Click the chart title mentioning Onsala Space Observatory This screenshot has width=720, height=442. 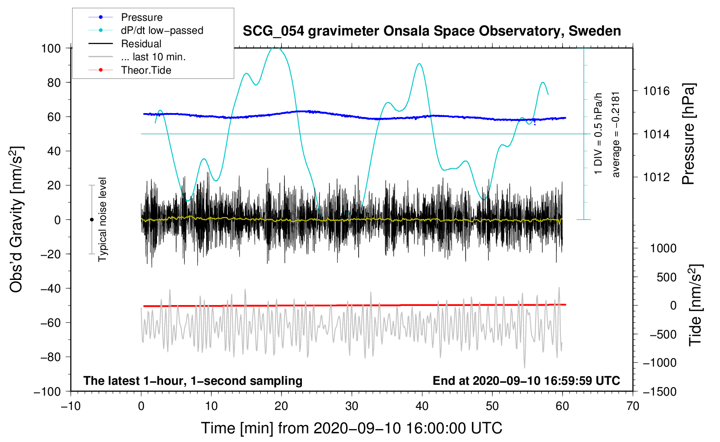(432, 31)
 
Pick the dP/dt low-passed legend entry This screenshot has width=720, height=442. (162, 30)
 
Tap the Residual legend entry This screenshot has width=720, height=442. (141, 44)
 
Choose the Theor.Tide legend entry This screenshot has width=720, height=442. (146, 70)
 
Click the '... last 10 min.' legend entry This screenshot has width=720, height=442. (153, 57)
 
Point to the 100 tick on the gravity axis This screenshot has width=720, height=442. (51, 48)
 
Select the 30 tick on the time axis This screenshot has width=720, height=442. (352, 406)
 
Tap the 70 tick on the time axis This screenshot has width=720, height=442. (633, 406)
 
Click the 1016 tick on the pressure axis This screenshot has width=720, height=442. (656, 91)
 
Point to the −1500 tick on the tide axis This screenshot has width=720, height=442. (660, 391)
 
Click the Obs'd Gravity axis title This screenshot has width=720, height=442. (16, 219)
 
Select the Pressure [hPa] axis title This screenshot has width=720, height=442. (688, 134)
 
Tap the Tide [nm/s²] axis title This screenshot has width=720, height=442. (695, 305)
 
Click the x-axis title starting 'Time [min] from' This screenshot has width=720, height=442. (352, 428)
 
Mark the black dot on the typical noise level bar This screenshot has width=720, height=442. (92, 220)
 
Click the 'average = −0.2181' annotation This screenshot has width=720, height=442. (616, 134)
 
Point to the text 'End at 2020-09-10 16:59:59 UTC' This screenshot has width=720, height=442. (526, 380)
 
